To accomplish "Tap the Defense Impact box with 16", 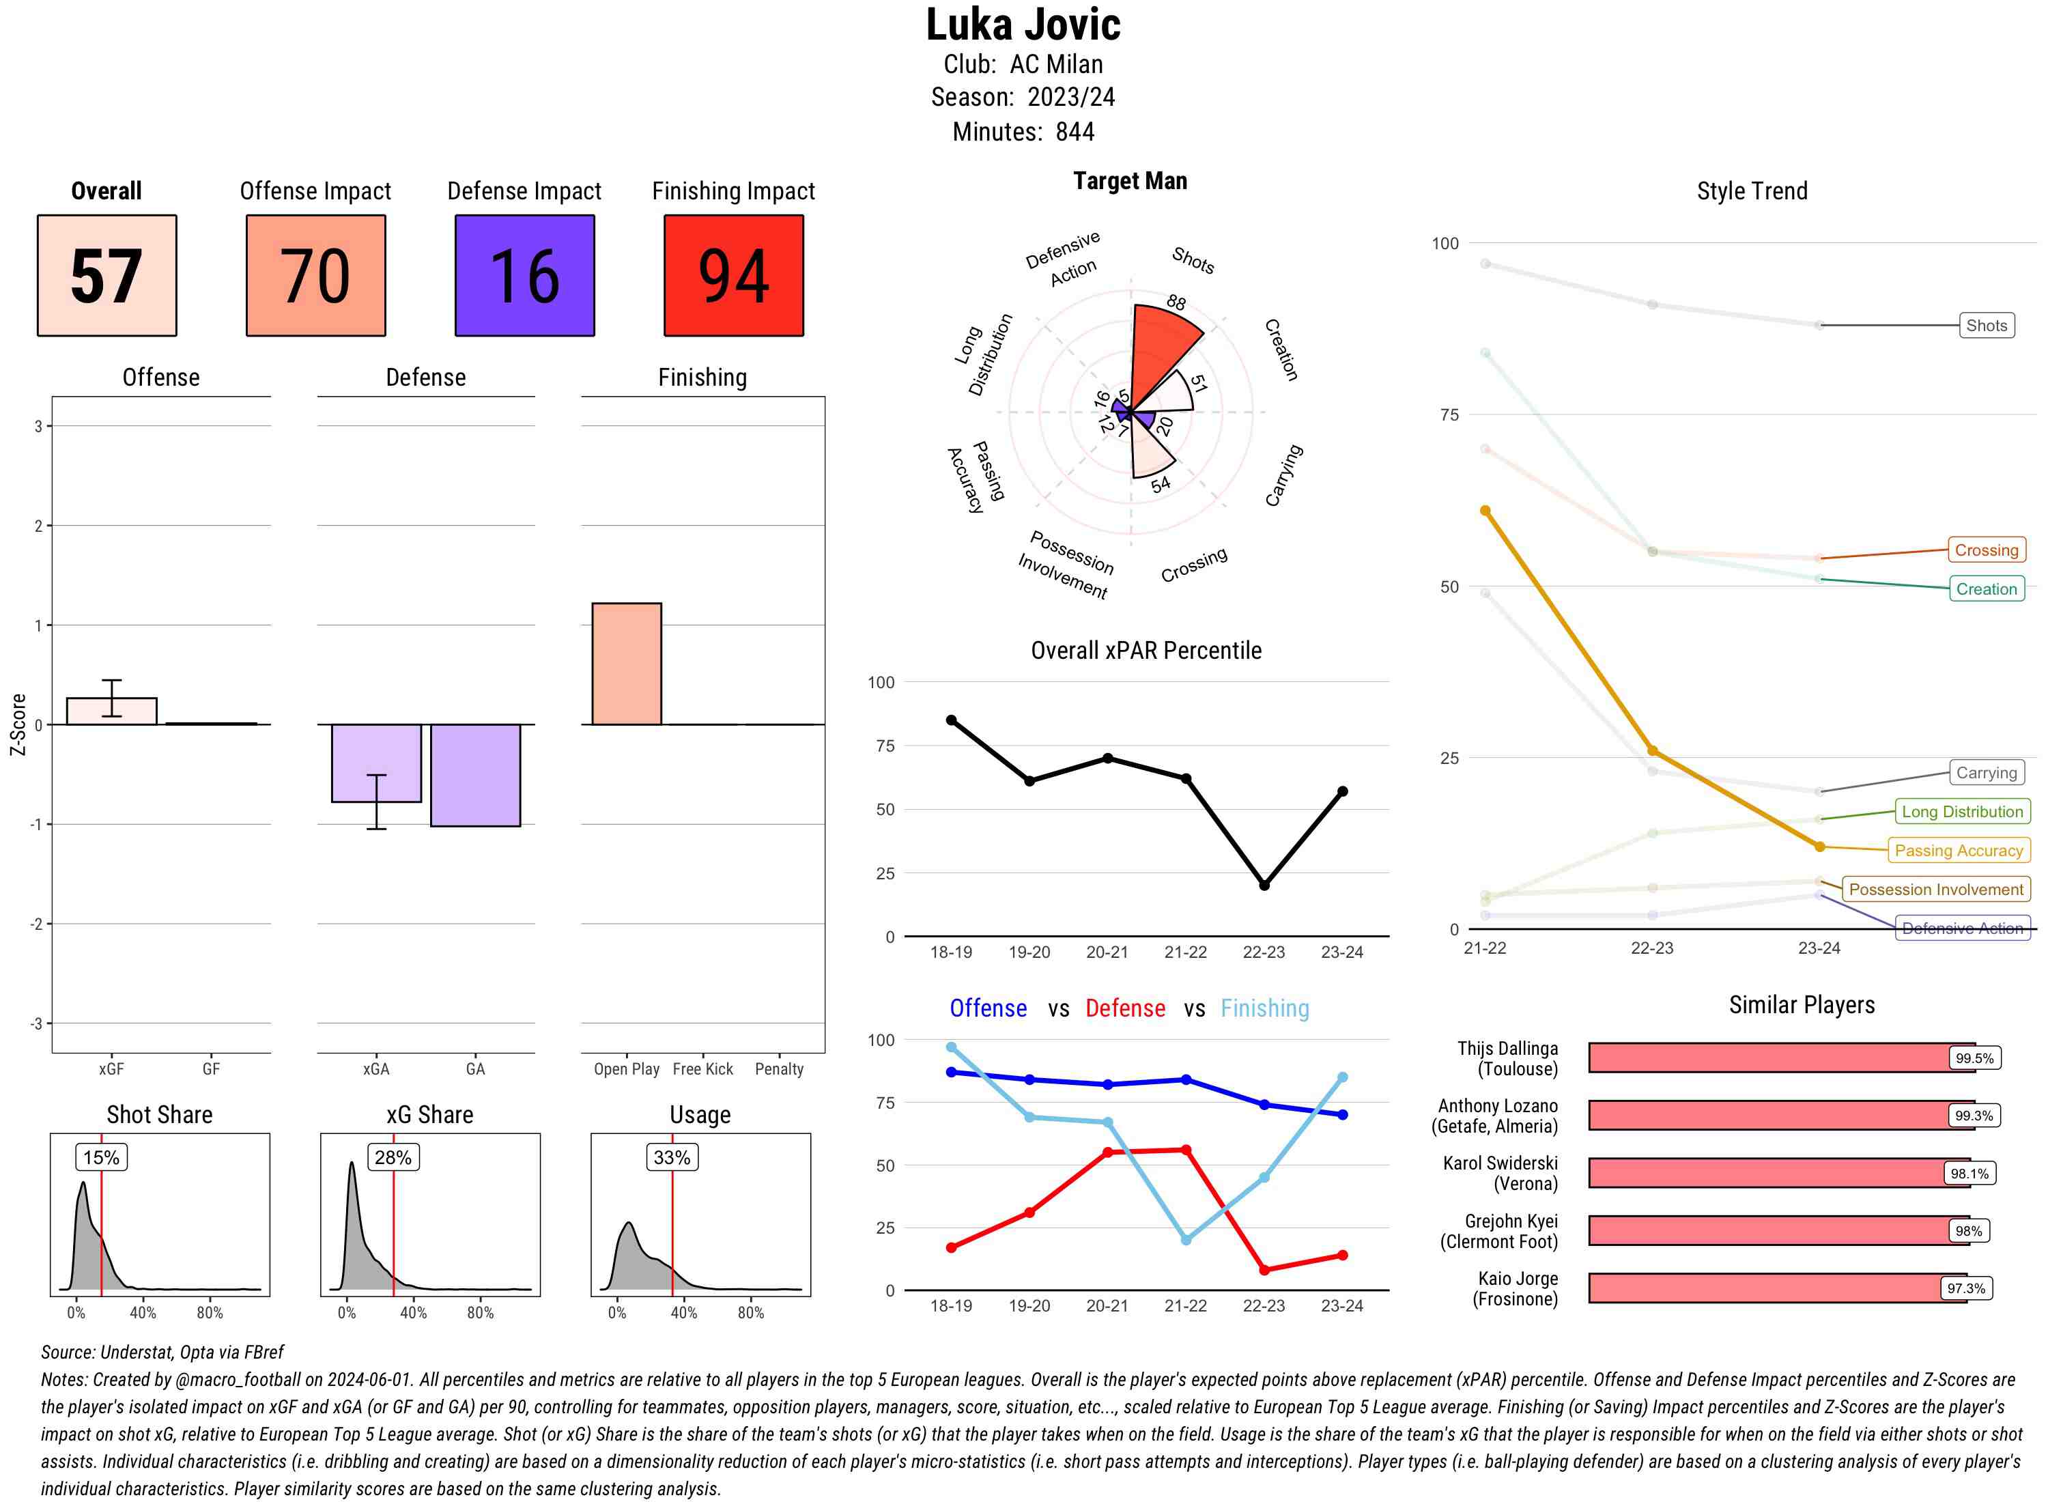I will click(524, 276).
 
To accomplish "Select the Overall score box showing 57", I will click(106, 276).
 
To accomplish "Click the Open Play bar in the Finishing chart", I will click(626, 664).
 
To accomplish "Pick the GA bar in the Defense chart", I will click(474, 775).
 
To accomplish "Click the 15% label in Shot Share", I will click(101, 1157).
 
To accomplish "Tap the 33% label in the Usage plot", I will click(672, 1157).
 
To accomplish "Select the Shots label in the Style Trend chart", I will click(1986, 326).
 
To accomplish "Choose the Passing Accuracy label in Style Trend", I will click(1958, 851).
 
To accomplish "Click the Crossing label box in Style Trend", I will click(1986, 550).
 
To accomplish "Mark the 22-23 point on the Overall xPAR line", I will click(1264, 885).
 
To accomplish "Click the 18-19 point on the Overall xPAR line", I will click(952, 720).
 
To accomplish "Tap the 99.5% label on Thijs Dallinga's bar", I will click(1974, 1058).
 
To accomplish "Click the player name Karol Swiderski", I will click(1500, 1164).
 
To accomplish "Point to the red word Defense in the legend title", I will click(1125, 1008).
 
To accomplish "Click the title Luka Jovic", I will click(1023, 25).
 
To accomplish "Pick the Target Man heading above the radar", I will click(1130, 181).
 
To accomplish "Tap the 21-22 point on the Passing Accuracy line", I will click(1485, 511).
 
